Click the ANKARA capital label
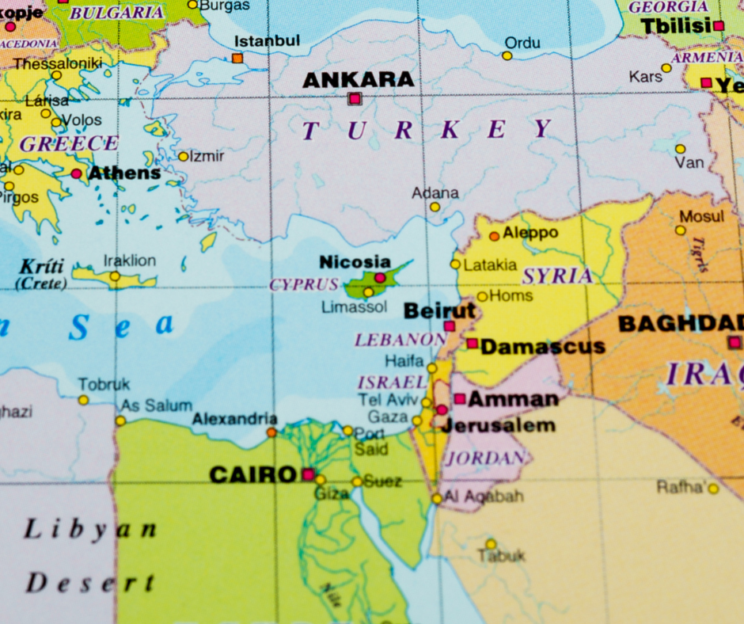358,79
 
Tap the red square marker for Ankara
355,99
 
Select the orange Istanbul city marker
237,58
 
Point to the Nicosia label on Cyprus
355,261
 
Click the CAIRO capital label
252,475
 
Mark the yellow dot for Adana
435,207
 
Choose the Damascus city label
542,347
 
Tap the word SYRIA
557,276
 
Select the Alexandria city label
235,418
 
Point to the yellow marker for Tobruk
83,400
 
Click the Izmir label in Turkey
207,156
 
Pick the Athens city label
124,173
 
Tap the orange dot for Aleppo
494,236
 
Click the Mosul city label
701,216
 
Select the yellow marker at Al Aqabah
437,498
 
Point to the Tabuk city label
500,556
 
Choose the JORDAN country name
486,458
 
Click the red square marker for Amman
459,399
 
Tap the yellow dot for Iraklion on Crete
115,276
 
